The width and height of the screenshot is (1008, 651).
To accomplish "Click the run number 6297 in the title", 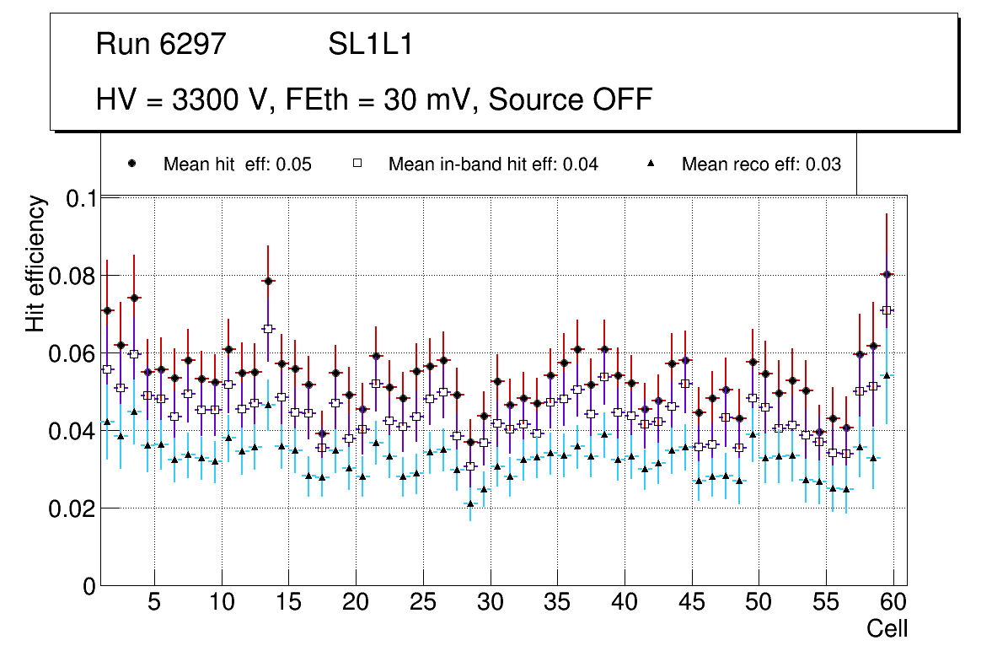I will coord(195,45).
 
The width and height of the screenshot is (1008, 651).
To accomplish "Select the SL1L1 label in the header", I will coord(370,45).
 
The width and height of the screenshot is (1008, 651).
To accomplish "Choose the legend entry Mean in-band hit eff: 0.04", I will coord(493,164).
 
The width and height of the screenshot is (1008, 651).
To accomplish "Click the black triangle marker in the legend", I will coord(651,164).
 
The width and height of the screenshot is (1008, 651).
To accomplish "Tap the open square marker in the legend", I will coord(357,164).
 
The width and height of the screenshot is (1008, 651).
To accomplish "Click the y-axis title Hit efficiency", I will coord(35,263).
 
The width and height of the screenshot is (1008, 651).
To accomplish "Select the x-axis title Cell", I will coord(887,628).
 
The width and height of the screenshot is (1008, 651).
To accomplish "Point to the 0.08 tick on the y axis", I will coord(74,276).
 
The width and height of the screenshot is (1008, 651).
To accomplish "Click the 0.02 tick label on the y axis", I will coord(74,508).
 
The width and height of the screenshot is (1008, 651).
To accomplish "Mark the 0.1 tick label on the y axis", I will coord(81,198).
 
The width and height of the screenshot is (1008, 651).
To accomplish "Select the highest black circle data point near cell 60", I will coord(887,274).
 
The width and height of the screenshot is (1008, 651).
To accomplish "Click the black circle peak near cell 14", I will coord(268,281).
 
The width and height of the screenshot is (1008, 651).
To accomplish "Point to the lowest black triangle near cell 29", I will coord(469,503).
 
